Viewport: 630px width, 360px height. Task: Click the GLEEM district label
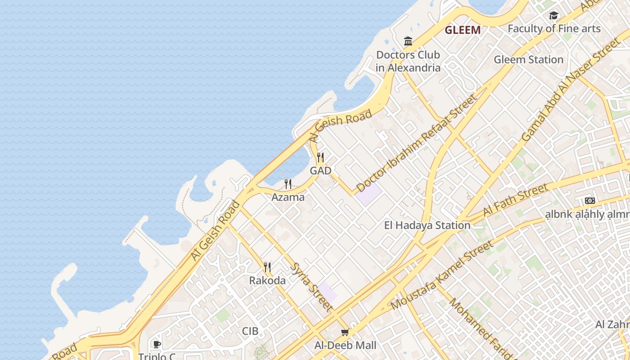(463, 30)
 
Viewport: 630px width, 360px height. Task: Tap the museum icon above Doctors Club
(408, 41)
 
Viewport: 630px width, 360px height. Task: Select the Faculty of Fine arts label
(554, 29)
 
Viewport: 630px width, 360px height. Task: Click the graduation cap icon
(553, 16)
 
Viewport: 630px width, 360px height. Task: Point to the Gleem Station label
(528, 59)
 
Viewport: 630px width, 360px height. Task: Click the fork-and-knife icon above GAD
(320, 157)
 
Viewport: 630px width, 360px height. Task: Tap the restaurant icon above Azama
(288, 184)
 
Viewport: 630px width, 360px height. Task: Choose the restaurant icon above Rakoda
(267, 267)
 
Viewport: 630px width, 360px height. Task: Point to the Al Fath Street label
(516, 199)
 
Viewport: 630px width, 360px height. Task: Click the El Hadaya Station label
(427, 225)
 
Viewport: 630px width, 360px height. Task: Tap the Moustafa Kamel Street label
(442, 275)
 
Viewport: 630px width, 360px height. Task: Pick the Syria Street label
(312, 287)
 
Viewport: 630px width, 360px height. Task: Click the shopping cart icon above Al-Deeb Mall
(345, 333)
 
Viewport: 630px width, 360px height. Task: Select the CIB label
(250, 331)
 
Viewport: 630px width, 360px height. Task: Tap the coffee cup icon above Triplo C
(157, 345)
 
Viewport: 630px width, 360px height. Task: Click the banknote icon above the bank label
(589, 201)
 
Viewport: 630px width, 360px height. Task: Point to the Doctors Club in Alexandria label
(408, 62)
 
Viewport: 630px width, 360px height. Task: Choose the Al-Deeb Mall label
(345, 346)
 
